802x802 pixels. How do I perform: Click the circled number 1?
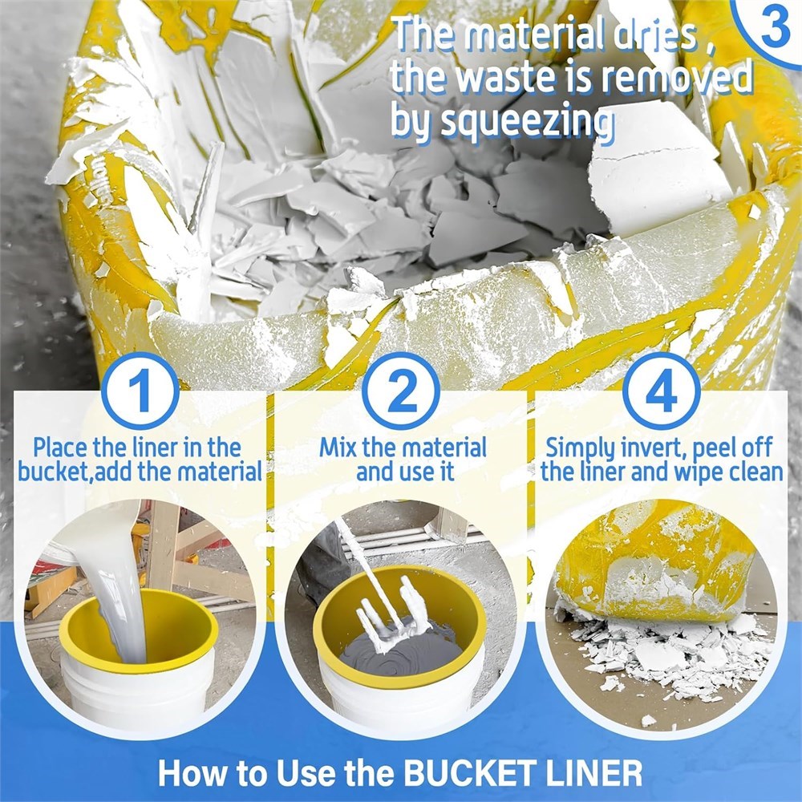pos(140,391)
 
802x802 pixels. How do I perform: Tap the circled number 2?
pos(401,391)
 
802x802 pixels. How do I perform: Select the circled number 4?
pos(662,391)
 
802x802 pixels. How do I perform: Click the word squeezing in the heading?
pos(528,123)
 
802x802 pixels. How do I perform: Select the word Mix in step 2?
pos(338,448)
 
